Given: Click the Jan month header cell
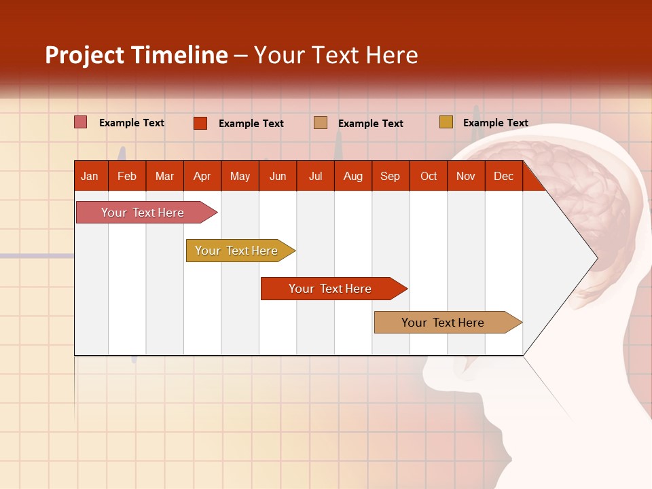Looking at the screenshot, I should [x=90, y=176].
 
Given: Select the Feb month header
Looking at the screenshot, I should [x=127, y=176].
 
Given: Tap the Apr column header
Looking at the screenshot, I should [x=202, y=176].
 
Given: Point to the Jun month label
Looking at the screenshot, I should [x=278, y=176].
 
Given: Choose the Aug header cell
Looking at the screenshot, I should [x=353, y=176].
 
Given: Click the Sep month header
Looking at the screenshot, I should [x=391, y=176].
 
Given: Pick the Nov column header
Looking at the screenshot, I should [x=466, y=176].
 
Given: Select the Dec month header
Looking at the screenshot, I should [x=504, y=176].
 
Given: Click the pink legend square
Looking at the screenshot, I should [x=81, y=122].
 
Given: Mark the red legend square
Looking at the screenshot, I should [x=200, y=123].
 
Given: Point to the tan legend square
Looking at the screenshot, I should [x=321, y=123].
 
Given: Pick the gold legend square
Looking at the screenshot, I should [x=446, y=122].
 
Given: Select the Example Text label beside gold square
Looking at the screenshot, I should [x=495, y=123].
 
